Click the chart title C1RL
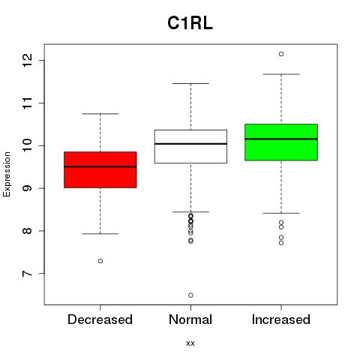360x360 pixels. (190, 23)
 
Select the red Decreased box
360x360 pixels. (100, 169)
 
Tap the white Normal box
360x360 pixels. (190, 146)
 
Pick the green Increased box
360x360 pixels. (281, 142)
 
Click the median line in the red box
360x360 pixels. (100, 166)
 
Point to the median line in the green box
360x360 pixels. (281, 139)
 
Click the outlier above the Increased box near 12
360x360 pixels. (281, 54)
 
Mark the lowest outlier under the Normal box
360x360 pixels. (190, 295)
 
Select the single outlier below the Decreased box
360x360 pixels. (100, 261)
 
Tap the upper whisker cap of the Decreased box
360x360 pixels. (100, 114)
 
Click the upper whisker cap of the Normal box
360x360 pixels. (190, 83)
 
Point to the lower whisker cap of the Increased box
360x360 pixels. (281, 213)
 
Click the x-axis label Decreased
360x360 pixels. (100, 319)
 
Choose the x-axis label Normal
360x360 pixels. (190, 319)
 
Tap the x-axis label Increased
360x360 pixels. (281, 319)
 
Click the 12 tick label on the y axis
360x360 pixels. (27, 60)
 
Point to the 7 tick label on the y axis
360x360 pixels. (27, 274)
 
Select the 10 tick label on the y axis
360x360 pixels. (27, 145)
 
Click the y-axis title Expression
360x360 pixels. (7, 174)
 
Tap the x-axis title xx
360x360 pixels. (190, 343)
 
